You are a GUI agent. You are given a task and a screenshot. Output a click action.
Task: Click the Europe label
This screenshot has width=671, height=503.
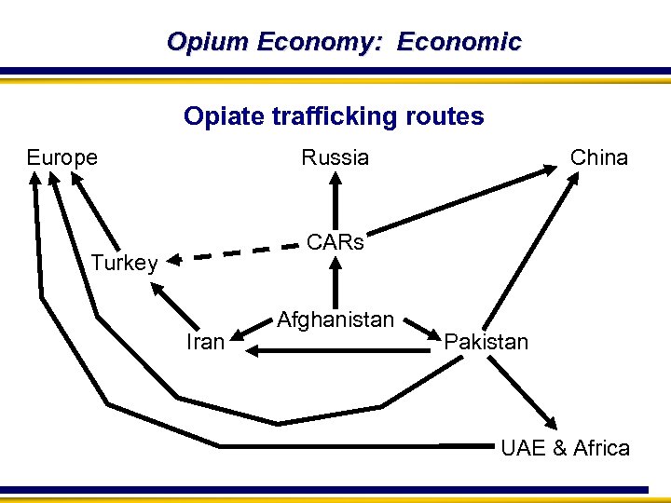coord(62,157)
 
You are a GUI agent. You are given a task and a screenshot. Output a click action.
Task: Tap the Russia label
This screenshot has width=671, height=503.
coord(335,157)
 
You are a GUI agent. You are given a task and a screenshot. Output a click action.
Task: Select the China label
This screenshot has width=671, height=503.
coord(599,157)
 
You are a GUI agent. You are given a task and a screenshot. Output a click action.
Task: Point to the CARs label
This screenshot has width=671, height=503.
coord(335,242)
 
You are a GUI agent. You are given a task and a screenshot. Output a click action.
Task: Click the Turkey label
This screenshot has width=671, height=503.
coord(124,263)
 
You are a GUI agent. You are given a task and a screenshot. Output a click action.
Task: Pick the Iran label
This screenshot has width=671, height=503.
coord(205,342)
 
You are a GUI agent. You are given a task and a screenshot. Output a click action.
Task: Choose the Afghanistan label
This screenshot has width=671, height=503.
coord(335,319)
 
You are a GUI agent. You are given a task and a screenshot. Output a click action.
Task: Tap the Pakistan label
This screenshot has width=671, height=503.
coord(486,342)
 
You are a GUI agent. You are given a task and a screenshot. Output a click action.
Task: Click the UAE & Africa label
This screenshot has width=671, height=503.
coord(565,448)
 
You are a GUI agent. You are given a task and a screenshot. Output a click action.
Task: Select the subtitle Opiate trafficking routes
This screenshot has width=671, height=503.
coord(334,116)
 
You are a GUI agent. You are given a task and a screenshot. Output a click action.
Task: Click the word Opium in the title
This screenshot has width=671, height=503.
coord(208,42)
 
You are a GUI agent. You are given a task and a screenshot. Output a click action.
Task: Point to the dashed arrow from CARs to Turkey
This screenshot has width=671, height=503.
coord(233,252)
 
